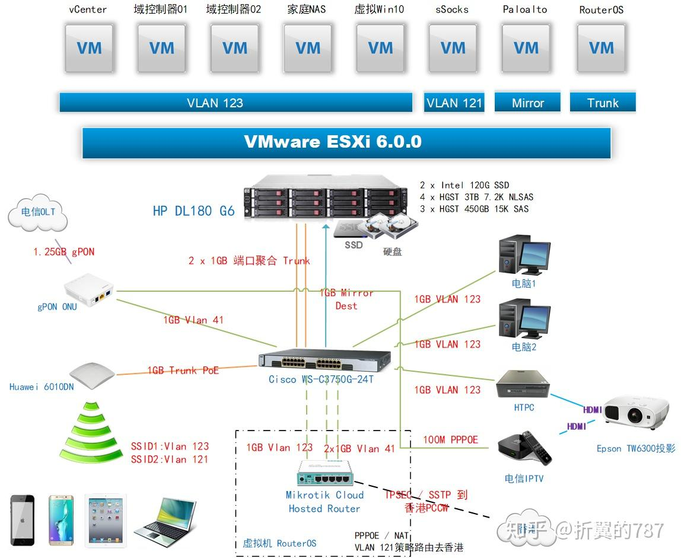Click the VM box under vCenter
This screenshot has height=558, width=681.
(x=89, y=49)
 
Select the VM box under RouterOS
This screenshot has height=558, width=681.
(x=601, y=49)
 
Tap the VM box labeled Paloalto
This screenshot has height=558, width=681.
(x=526, y=49)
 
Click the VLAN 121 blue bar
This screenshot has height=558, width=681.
(x=454, y=103)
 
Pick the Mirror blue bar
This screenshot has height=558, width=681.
(x=527, y=103)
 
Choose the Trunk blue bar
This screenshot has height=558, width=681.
(x=603, y=103)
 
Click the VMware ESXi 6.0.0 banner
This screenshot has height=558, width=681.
(x=346, y=142)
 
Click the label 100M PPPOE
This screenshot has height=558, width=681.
(x=450, y=439)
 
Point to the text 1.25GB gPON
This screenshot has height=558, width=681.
(x=63, y=252)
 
